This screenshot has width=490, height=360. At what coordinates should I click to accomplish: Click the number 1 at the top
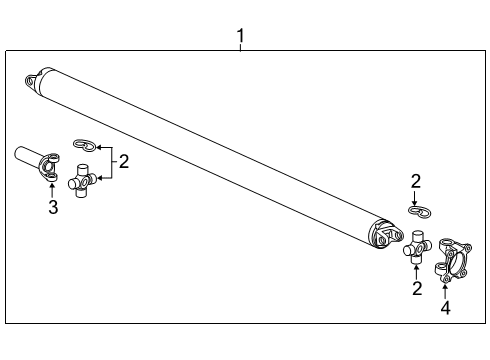click(240, 37)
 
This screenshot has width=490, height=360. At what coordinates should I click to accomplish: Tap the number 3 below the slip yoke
click(53, 207)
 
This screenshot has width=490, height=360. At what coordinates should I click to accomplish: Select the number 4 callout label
click(445, 308)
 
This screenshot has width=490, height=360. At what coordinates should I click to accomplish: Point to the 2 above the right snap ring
click(416, 181)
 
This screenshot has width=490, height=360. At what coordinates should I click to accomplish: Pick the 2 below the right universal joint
click(416, 289)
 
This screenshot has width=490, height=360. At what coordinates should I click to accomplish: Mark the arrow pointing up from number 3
click(53, 190)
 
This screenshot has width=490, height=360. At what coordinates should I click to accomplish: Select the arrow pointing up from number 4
click(445, 291)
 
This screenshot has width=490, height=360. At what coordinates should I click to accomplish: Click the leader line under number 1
click(240, 47)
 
